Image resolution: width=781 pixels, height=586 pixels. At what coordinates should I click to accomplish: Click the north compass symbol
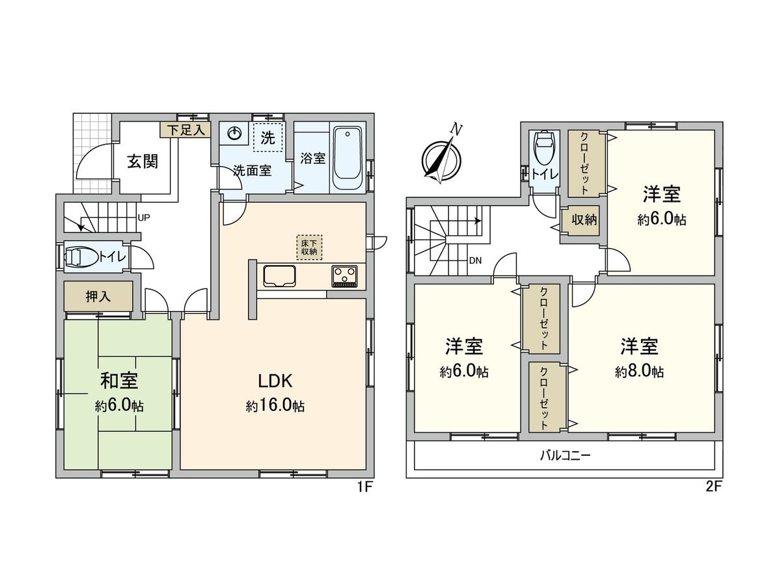(x=441, y=157)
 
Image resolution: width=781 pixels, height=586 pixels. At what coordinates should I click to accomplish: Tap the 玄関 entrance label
(x=143, y=161)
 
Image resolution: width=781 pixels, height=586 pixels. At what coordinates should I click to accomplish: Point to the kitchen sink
(x=280, y=277)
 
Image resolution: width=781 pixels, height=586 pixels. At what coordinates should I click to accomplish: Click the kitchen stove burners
(x=344, y=276)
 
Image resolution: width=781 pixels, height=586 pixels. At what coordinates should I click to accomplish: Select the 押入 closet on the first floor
(x=98, y=296)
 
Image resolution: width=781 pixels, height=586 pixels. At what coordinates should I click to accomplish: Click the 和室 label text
(x=118, y=380)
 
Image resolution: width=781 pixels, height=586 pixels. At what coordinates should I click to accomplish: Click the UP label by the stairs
(x=143, y=218)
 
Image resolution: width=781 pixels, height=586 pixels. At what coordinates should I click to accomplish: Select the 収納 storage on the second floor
(x=584, y=220)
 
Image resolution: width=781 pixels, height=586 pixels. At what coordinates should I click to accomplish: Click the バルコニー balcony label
(x=565, y=455)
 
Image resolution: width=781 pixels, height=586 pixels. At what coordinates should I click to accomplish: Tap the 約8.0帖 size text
(x=639, y=372)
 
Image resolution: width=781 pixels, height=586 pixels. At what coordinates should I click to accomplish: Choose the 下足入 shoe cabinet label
(x=185, y=130)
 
